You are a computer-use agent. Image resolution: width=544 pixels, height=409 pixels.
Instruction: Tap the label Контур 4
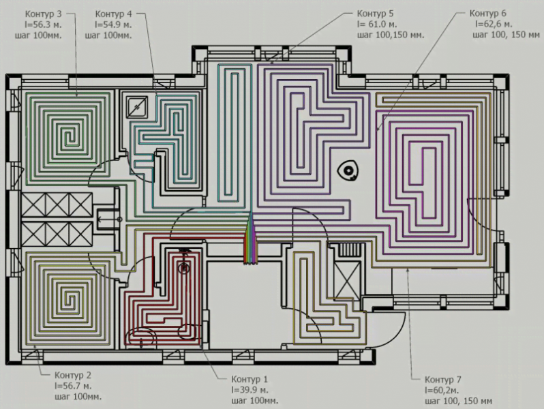(114, 14)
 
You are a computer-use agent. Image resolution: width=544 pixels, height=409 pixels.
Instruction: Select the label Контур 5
(376, 14)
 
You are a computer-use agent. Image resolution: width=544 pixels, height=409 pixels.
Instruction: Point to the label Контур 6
(488, 14)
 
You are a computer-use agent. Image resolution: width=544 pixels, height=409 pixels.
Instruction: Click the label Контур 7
(444, 380)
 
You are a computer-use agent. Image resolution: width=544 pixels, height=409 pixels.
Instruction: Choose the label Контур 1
(250, 379)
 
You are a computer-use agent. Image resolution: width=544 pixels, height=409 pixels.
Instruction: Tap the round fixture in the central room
(350, 170)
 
